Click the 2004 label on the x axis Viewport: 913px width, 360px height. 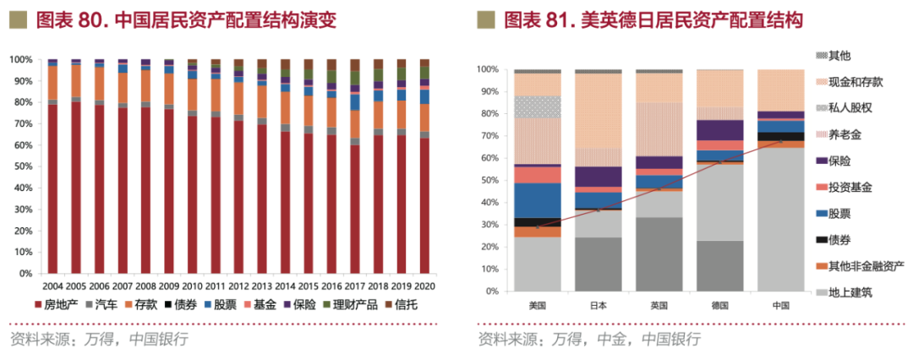pos(52,287)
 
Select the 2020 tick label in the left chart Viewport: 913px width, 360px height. pos(424,287)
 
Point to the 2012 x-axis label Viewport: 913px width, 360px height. pos(238,287)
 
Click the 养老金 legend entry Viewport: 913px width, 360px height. pos(846,134)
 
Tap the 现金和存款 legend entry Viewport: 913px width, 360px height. pos(857,82)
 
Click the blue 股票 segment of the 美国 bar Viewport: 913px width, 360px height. pos(538,200)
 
